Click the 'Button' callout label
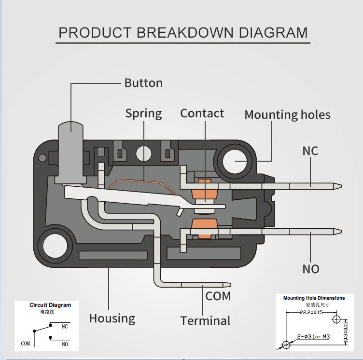point(143,83)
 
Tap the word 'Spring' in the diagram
point(143,114)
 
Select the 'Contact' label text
point(202,113)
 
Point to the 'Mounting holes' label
point(287,115)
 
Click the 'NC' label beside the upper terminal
point(310,151)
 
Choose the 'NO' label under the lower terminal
point(311,269)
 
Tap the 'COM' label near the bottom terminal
point(218,296)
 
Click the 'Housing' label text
point(112,318)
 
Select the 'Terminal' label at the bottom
point(205,321)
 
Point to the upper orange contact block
point(204,191)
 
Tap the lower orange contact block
point(204,228)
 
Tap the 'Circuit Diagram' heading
point(50,305)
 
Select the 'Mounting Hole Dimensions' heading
point(314,298)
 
